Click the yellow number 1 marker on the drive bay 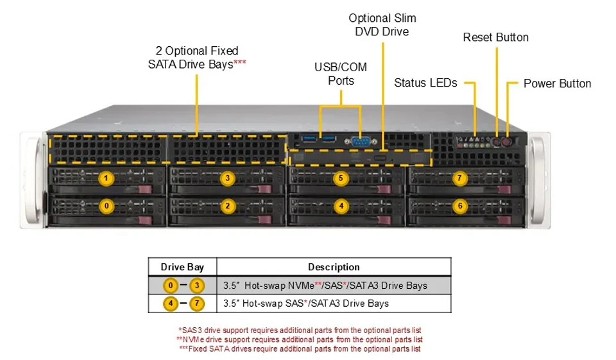click(x=106, y=178)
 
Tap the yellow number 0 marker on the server click(x=106, y=206)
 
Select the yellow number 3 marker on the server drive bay click(x=227, y=178)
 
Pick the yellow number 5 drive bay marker click(x=341, y=178)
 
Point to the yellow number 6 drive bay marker click(x=460, y=206)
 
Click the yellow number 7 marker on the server click(x=459, y=179)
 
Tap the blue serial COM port click(x=361, y=141)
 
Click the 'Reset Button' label click(x=496, y=37)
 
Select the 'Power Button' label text click(x=557, y=83)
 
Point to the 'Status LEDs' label click(x=425, y=83)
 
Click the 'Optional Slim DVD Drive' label click(x=382, y=25)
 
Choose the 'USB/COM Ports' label click(x=341, y=74)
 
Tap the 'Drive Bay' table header click(x=182, y=267)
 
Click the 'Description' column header click(x=334, y=267)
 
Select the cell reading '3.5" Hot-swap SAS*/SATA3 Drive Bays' click(x=306, y=304)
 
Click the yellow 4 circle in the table click(x=171, y=304)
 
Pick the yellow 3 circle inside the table click(x=197, y=286)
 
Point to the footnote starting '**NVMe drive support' click(x=300, y=339)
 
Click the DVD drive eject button click(x=380, y=158)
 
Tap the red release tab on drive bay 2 click(x=266, y=219)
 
